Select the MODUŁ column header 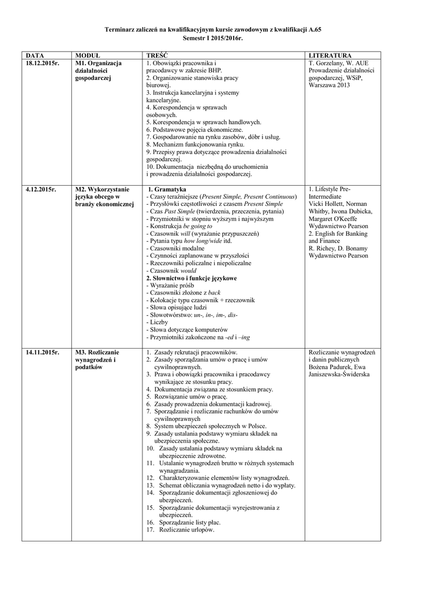point(88,55)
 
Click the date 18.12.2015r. point(42,62)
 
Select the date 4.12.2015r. point(41,189)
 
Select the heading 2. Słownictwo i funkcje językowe point(191,277)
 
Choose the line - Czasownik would point(169,270)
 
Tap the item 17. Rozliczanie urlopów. point(180,530)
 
